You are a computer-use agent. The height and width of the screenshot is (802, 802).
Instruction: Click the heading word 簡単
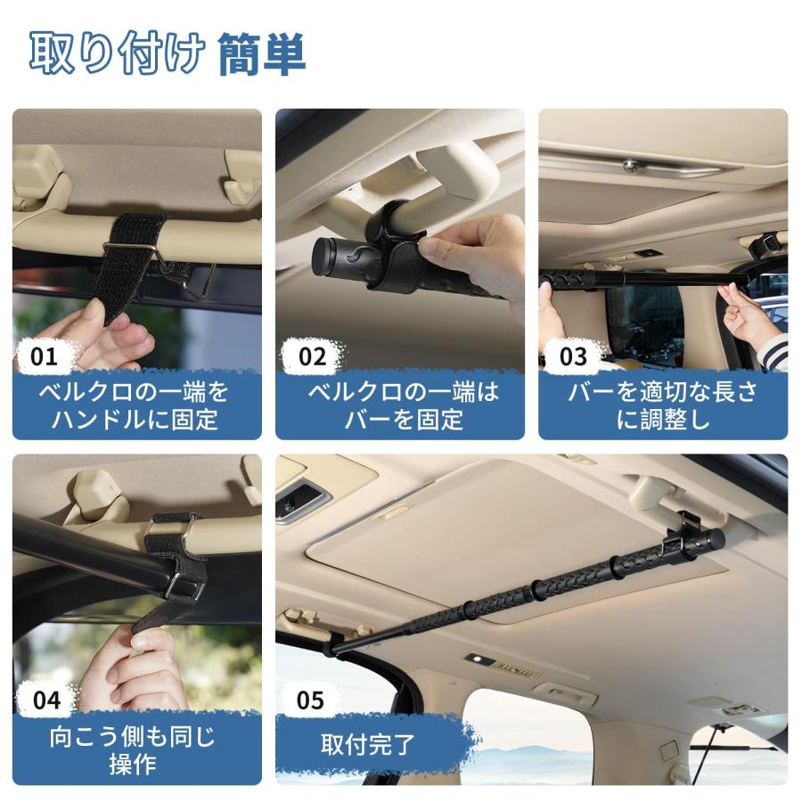(261, 54)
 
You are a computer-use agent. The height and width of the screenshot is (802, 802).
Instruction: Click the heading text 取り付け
(117, 54)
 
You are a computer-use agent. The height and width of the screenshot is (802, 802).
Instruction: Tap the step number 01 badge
(44, 356)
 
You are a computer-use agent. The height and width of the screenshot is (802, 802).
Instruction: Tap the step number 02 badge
(312, 356)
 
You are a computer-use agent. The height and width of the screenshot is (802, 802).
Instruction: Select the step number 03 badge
(573, 356)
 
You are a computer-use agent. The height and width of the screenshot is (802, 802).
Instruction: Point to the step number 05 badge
(310, 700)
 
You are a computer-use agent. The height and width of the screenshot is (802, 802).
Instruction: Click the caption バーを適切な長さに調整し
(663, 405)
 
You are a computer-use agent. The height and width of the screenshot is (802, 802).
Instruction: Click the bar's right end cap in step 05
(713, 539)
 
